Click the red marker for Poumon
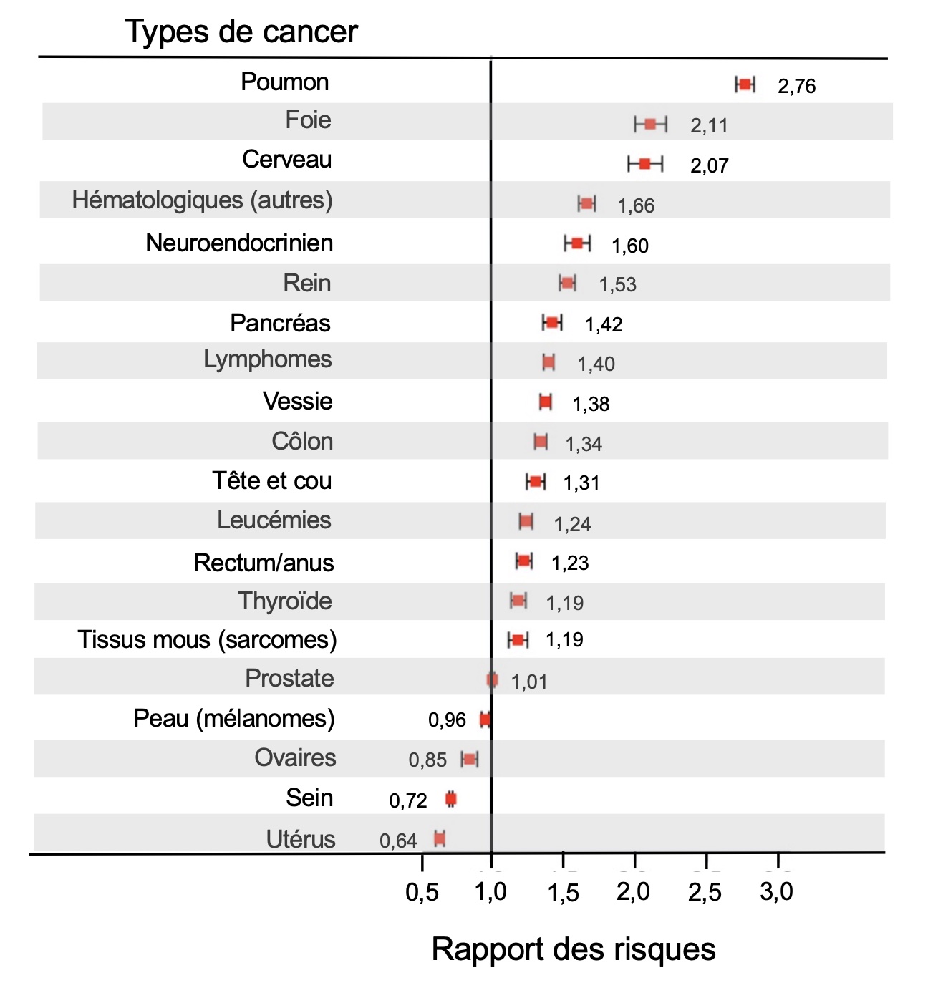745,84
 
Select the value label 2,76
797,87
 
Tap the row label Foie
308,120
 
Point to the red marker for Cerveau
644,164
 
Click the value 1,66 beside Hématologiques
636,205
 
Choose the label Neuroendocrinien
239,243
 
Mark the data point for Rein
567,283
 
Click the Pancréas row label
280,324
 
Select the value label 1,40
596,364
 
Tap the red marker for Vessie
546,402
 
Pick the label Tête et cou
271,481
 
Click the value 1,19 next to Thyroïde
565,603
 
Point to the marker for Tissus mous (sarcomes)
518,640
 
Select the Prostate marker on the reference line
492,679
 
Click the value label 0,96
447,720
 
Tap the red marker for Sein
451,800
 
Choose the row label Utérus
301,839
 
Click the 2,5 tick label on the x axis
705,892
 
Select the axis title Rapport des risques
574,949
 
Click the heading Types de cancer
241,32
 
